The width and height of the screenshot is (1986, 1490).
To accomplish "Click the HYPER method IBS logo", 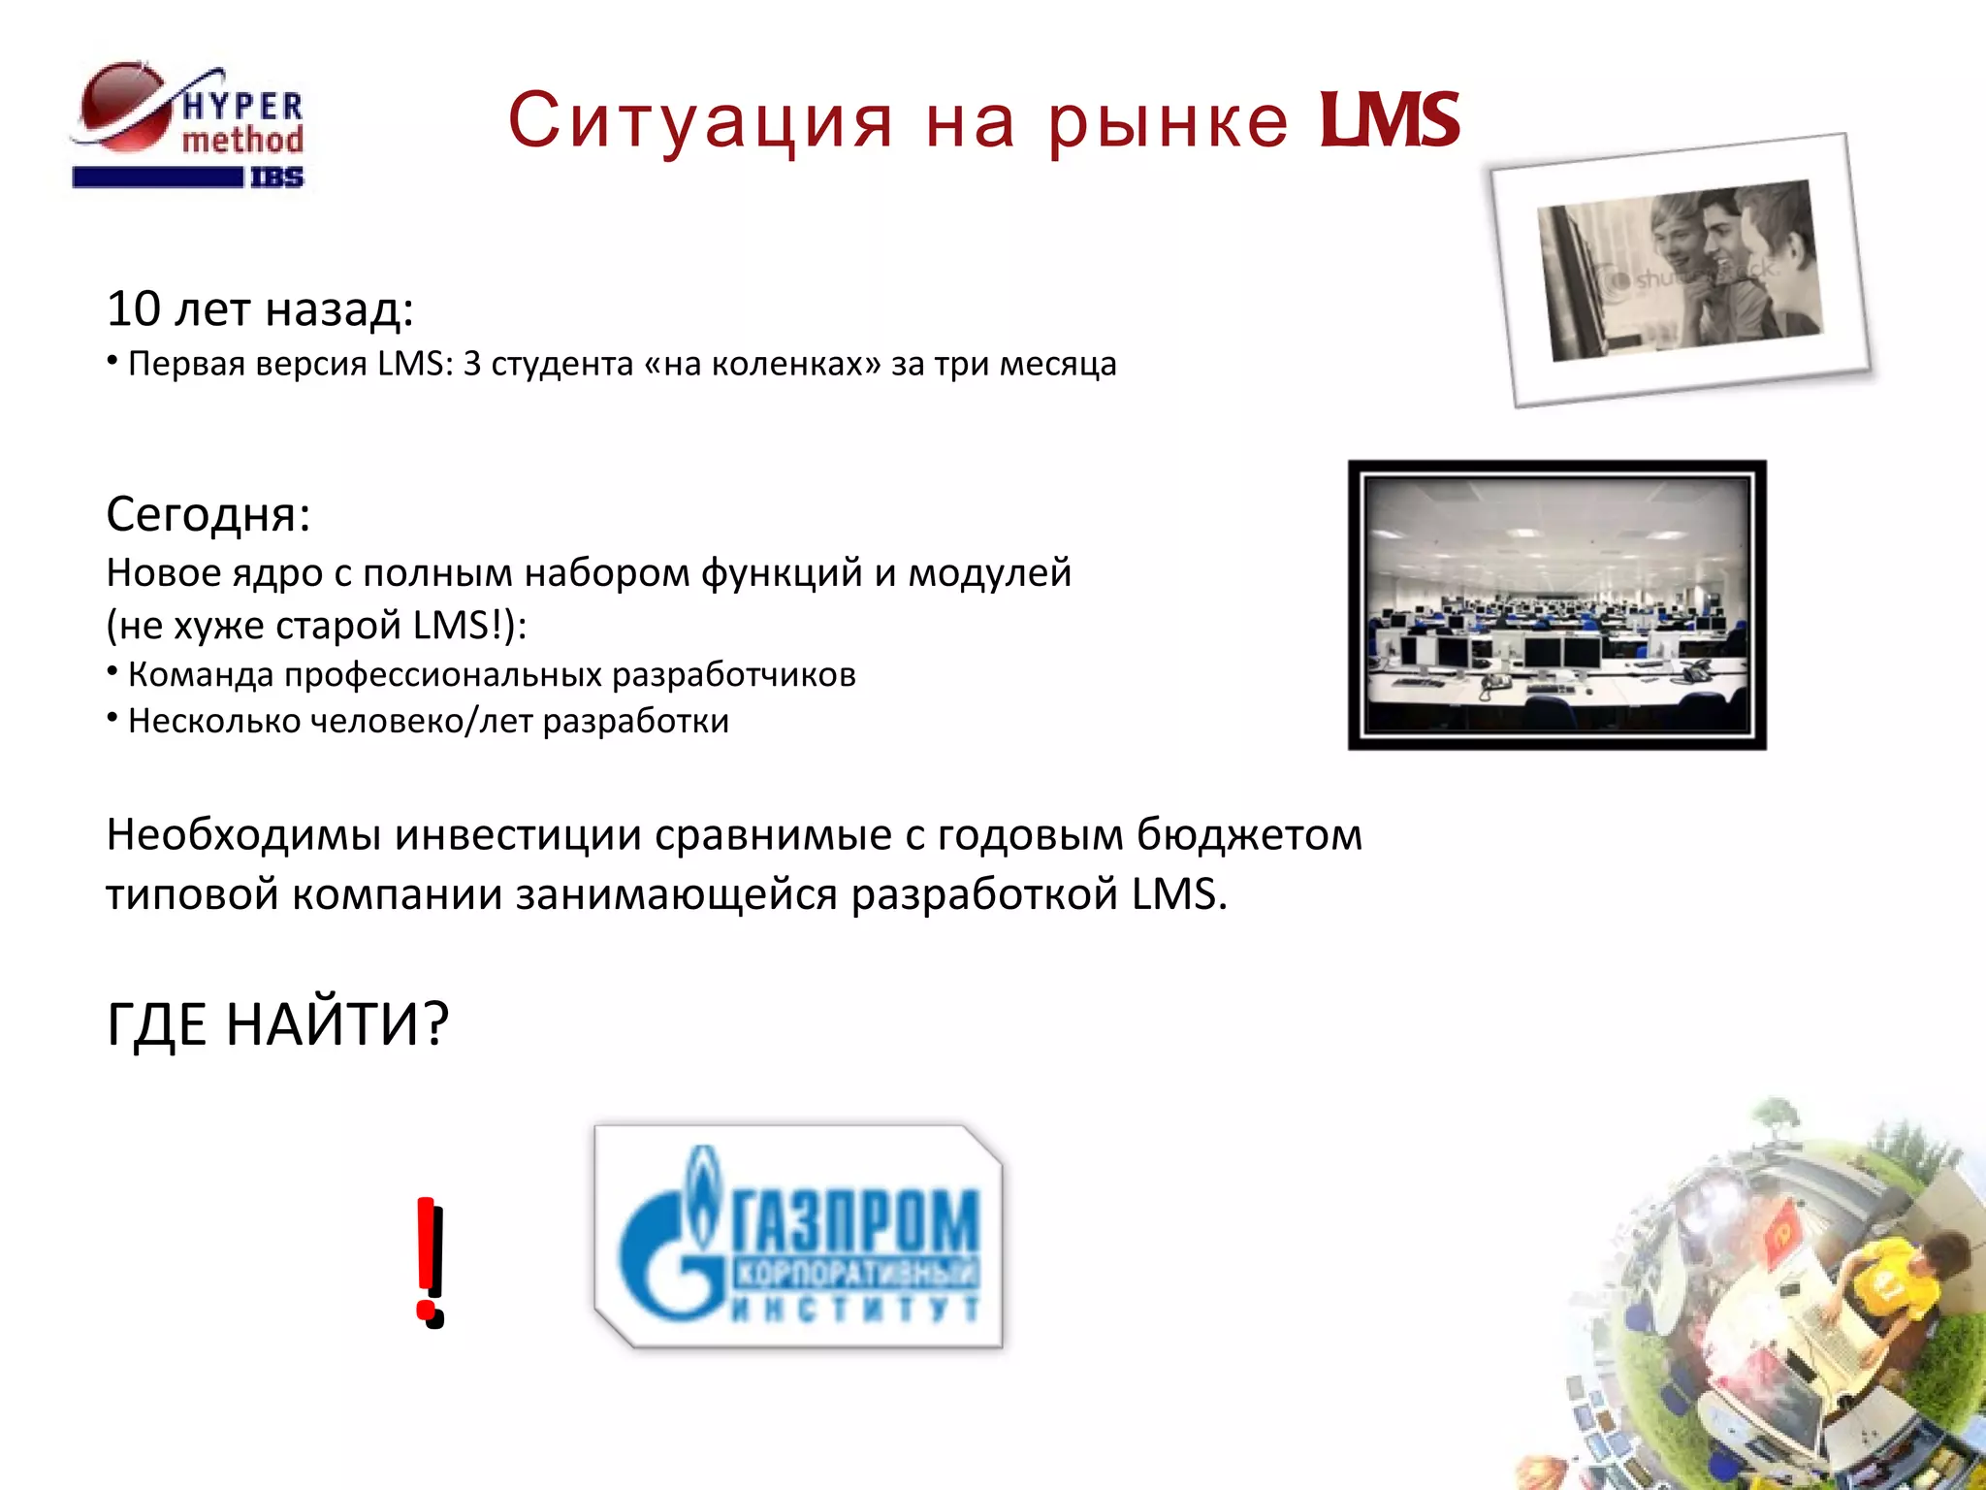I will (189, 126).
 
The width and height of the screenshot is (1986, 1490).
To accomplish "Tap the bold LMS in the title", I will (1389, 121).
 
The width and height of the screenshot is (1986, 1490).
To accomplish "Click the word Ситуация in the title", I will (699, 121).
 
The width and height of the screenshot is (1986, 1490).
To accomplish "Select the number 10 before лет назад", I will (133, 308).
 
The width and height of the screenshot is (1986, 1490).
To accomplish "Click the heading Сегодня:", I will (208, 514).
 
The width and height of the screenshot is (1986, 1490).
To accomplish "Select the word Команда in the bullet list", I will (201, 674).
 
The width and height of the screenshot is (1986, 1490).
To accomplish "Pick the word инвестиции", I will (518, 834).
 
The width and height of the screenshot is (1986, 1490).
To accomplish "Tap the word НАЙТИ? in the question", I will (337, 1023).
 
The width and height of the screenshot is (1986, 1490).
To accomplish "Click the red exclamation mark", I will (430, 1261).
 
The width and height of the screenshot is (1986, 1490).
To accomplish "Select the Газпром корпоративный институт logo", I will (799, 1237).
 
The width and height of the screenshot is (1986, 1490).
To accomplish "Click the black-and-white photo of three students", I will (1680, 270).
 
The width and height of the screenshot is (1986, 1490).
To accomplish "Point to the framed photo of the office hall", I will (1556, 604).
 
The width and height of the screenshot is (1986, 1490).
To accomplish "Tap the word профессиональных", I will (443, 674).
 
